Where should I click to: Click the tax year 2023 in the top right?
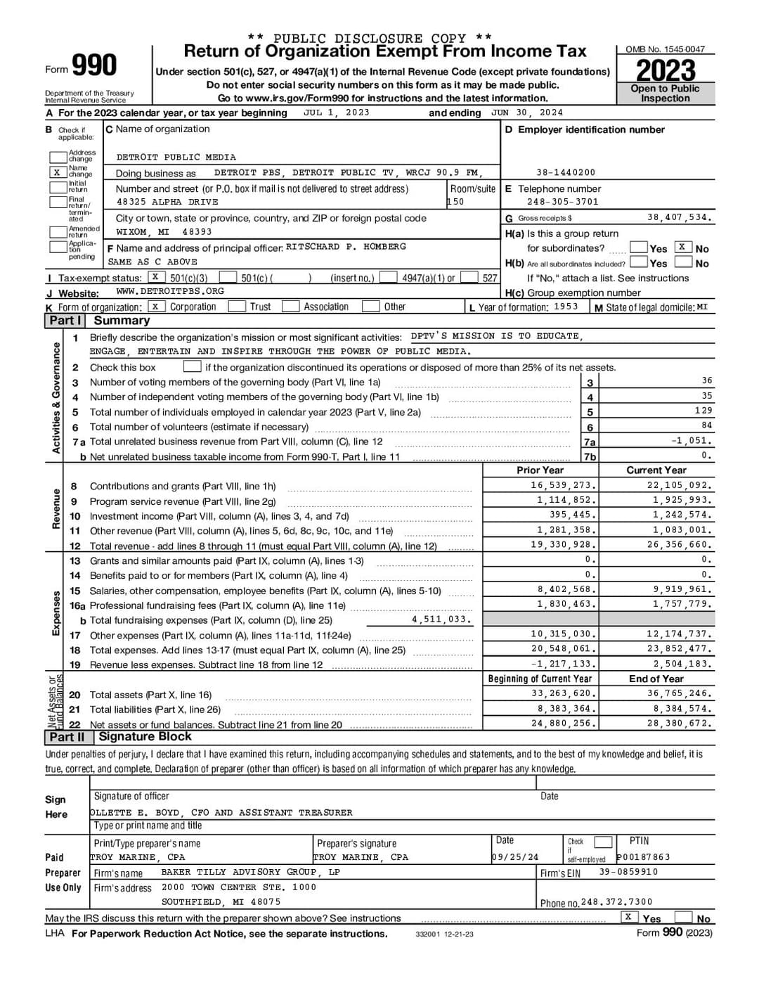[665, 70]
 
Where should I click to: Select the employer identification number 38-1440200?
[565, 172]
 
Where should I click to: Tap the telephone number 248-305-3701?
[562, 202]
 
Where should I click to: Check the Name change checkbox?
[57, 172]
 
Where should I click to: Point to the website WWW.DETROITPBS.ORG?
[170, 291]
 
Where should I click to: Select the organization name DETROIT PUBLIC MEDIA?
[176, 158]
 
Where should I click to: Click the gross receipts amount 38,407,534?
[679, 218]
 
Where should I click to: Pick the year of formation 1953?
[566, 307]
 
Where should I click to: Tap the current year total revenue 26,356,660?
[679, 545]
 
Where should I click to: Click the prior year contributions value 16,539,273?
[564, 485]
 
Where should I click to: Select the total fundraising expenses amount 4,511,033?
[441, 619]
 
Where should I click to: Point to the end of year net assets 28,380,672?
[679, 723]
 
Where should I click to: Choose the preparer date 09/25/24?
[515, 857]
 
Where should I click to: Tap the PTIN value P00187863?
[643, 857]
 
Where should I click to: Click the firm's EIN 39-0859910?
[628, 872]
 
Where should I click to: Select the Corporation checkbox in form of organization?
[155, 306]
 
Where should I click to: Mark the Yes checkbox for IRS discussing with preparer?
[630, 917]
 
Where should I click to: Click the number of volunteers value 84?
[706, 425]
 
